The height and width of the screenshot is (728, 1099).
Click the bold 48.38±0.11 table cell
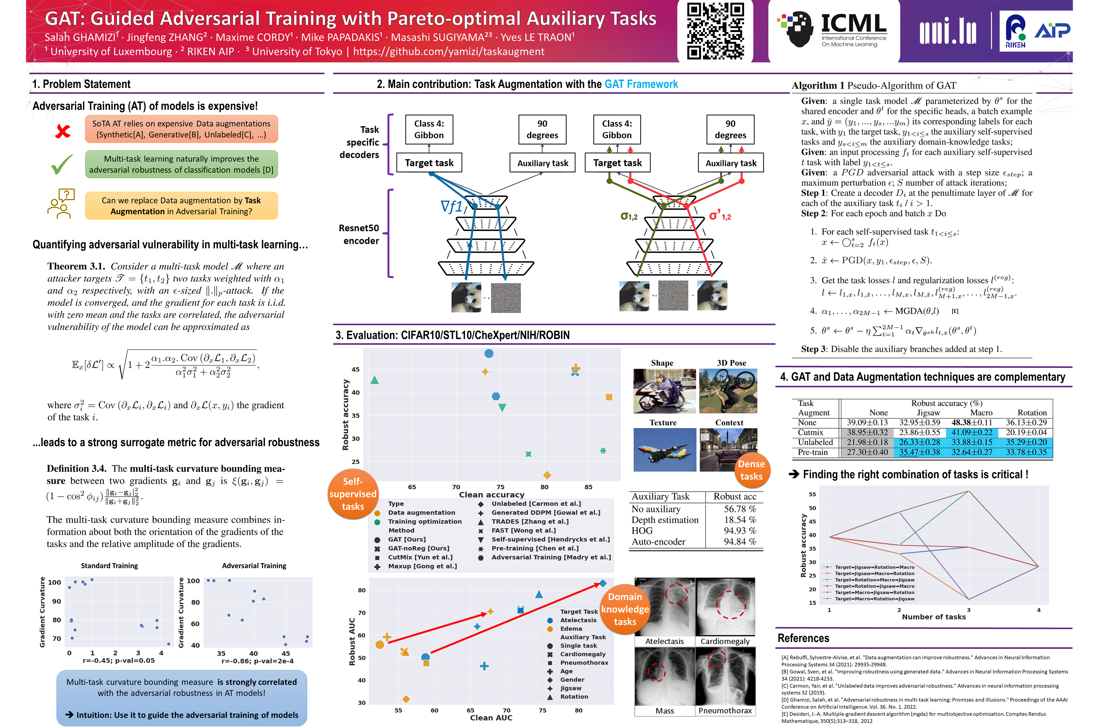click(972, 422)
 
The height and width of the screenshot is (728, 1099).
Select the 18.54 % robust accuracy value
click(740, 520)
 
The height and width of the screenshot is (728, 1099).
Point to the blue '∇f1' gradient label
click(451, 206)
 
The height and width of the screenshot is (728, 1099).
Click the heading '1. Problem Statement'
click(81, 84)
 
